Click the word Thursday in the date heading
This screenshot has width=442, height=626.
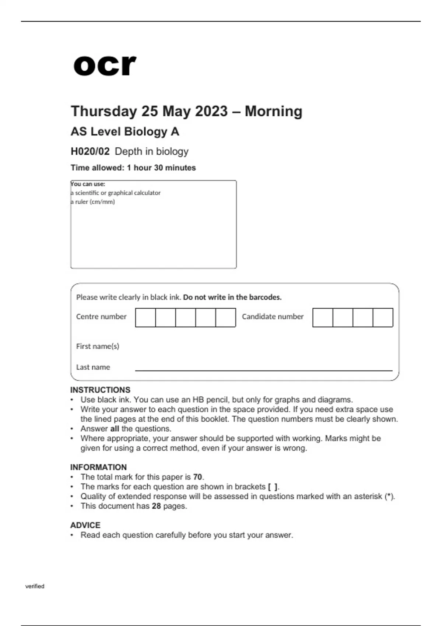click(104, 111)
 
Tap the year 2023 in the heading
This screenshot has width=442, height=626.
click(211, 111)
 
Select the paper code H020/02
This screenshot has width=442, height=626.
click(90, 151)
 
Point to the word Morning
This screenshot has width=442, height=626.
click(273, 111)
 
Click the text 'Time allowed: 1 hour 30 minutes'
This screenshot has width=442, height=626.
click(133, 168)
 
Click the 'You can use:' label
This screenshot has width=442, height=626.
click(88, 184)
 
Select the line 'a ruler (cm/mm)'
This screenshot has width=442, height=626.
click(93, 202)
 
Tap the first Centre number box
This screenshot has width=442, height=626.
click(145, 317)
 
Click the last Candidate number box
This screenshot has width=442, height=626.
click(383, 317)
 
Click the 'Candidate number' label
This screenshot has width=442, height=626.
click(273, 317)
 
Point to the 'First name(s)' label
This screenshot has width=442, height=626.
click(98, 346)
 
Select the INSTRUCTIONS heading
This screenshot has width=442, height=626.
click(100, 390)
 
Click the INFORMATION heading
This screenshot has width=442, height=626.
click(98, 467)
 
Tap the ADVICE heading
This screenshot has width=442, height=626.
click(85, 525)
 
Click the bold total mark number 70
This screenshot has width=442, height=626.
click(197, 477)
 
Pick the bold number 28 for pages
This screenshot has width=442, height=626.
click(156, 506)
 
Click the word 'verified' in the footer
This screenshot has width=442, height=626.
click(35, 586)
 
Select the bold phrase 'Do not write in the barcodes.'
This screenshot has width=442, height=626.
click(232, 297)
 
